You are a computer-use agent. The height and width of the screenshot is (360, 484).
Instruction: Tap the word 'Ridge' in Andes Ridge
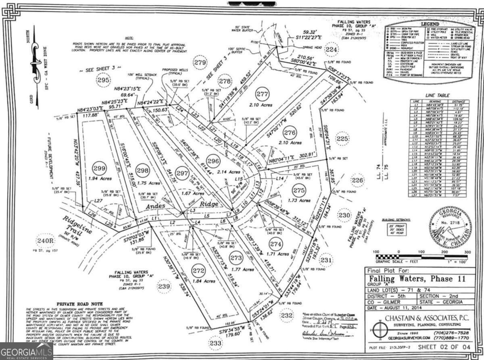[x=211, y=204]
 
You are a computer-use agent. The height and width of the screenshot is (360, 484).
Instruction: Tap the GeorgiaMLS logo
[x=27, y=351]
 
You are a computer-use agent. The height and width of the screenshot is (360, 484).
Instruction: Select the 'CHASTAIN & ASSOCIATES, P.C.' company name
[x=428, y=318]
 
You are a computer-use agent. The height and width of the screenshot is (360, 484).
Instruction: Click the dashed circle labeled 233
[x=216, y=343]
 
